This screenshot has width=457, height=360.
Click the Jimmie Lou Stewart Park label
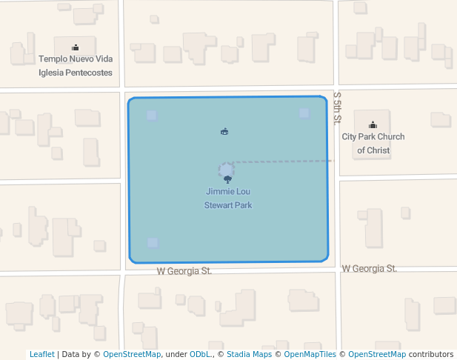pos(228,198)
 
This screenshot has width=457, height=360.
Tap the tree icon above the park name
pos(227,179)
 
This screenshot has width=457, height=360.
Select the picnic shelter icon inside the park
pos(224,132)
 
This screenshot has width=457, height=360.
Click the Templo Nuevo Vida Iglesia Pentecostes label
pos(76,66)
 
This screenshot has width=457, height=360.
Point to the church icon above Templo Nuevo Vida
pos(76,47)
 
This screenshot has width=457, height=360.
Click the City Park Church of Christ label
pos(373,144)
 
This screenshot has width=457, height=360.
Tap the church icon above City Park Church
pos(373,124)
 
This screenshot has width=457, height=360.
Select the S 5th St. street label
pos(337,107)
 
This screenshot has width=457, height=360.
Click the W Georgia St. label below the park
pos(184,272)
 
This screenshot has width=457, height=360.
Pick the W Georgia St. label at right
pos(369,268)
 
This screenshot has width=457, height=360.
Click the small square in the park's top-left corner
pos(152,116)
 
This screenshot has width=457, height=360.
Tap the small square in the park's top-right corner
pos(304,113)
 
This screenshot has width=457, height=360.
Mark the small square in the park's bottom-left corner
pos(153,242)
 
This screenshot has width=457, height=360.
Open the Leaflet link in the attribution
pos(41,354)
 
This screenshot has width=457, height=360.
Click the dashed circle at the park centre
pos(227,170)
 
